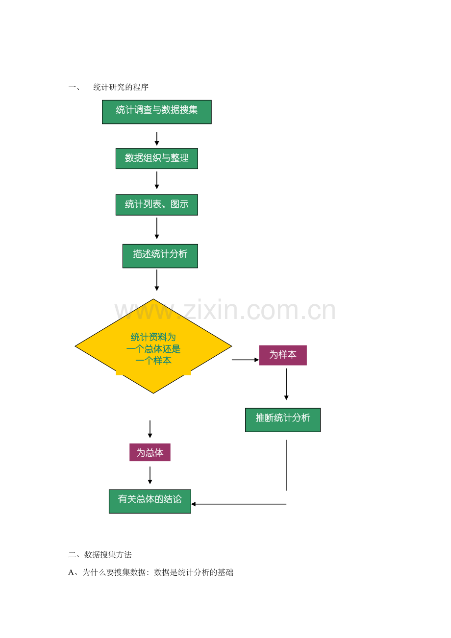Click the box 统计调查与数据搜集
[x=156, y=112]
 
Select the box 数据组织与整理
[x=156, y=158]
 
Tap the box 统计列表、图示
[x=156, y=204]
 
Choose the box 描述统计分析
[x=160, y=256]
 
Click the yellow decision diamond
[x=153, y=346]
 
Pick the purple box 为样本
[x=282, y=355]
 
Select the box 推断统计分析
[x=282, y=419]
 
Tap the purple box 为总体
[x=150, y=452]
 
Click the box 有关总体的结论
[x=150, y=501]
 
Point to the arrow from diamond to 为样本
[x=245, y=360]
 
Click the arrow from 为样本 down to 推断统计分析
[x=286, y=384]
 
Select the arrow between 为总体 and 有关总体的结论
[x=150, y=475]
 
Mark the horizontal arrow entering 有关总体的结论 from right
[x=238, y=504]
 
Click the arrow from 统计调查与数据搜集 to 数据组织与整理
[x=157, y=138]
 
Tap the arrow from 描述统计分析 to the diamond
[x=157, y=280]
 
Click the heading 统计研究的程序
[x=121, y=87]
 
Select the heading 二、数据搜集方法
[x=100, y=555]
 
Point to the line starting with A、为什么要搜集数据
[x=150, y=572]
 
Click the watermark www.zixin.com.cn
[x=225, y=311]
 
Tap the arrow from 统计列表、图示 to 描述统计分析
[x=157, y=228]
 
